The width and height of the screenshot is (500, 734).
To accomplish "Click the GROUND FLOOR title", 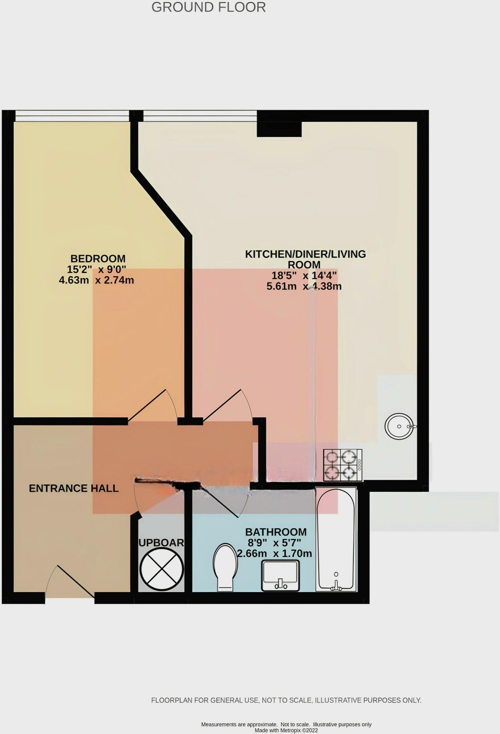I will tap(208, 7).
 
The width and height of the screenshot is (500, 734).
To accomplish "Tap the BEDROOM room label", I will tap(98, 258).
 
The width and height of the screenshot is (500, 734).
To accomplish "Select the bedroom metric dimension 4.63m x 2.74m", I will tap(96, 280).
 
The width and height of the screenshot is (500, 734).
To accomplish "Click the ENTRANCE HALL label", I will tap(73, 488).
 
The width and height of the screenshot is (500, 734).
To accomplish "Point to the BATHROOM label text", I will tap(276, 532).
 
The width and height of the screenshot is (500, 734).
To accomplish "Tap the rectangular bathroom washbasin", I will tap(281, 576).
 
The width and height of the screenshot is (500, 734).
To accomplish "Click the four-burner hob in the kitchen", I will tap(343, 465).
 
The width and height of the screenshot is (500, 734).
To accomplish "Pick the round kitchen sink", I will tap(399, 426).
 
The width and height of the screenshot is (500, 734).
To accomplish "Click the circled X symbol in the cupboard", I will tap(162, 569).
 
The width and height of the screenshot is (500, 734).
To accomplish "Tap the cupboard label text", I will tap(161, 543).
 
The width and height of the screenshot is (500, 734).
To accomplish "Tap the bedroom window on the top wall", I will tap(72, 115).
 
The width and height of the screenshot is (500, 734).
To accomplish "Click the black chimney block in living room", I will tap(279, 129).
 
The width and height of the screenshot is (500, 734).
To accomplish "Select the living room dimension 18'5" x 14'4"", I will tap(304, 276).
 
